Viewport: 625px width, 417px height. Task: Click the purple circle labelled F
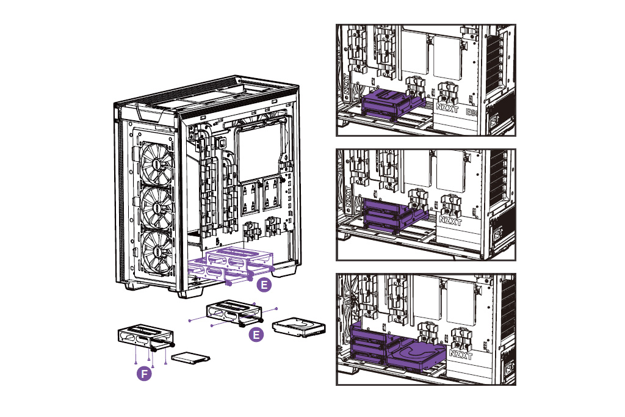(144, 373)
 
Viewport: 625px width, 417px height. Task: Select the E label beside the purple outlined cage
(263, 285)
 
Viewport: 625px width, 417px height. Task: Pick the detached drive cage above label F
(145, 339)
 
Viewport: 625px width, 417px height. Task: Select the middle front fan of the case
(156, 208)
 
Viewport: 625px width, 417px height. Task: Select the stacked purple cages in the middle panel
(391, 214)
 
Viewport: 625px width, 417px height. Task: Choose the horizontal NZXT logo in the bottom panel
(461, 354)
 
